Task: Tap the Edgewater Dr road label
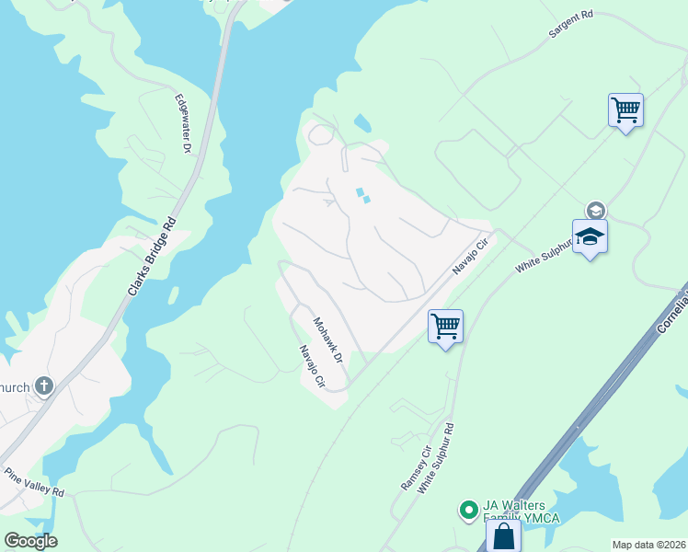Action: [182, 122]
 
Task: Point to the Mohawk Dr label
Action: [327, 339]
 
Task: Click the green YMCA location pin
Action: [468, 508]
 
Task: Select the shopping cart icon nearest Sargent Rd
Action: [625, 110]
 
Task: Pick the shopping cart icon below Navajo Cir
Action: [445, 326]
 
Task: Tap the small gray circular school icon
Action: [595, 211]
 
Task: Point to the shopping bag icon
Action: [503, 536]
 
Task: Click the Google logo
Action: [29, 541]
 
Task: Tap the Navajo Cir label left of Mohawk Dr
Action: [312, 365]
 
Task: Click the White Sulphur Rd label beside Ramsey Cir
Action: [436, 458]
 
